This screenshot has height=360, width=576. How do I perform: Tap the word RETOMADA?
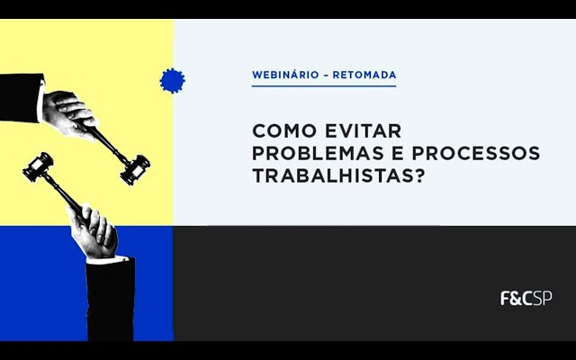(364, 75)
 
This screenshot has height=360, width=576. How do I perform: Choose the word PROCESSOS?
(476, 153)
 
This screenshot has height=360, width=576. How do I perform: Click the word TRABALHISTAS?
(331, 176)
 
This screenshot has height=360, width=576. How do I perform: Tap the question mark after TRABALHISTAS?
(418, 176)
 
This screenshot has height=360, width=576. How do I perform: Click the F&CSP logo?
(526, 298)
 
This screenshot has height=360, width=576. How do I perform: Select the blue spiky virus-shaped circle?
(172, 81)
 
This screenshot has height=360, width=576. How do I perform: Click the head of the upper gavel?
(135, 170)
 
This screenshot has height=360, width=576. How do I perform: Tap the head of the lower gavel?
(38, 167)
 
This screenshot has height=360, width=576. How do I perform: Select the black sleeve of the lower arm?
(110, 300)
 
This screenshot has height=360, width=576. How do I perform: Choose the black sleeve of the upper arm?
(21, 98)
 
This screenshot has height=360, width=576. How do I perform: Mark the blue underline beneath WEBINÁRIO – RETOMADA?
(324, 86)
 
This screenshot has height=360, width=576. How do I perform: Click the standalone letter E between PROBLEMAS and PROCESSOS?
(398, 153)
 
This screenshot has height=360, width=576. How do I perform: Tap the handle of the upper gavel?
(108, 143)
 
